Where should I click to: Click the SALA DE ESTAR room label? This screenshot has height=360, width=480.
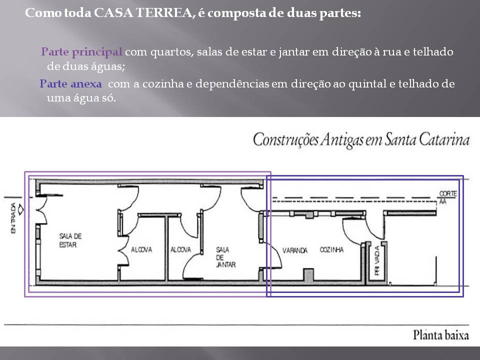tap(70, 240)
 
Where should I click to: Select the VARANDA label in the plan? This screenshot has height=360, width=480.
tap(294, 250)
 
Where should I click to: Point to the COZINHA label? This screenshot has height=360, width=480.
tap(331, 250)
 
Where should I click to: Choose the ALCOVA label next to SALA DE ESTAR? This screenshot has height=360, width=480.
tap(141, 250)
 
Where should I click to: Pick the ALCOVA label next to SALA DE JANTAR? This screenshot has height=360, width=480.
tap(180, 250)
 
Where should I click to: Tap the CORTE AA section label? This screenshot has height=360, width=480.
tap(444, 197)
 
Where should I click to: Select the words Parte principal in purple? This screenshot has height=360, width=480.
tap(81, 52)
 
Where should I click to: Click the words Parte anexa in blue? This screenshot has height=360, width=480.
tap(70, 84)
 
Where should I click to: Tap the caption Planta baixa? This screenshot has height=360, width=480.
tap(440, 335)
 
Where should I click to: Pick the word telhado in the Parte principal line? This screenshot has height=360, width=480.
tap(432, 52)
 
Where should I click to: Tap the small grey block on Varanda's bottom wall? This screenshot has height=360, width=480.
tap(308, 275)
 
